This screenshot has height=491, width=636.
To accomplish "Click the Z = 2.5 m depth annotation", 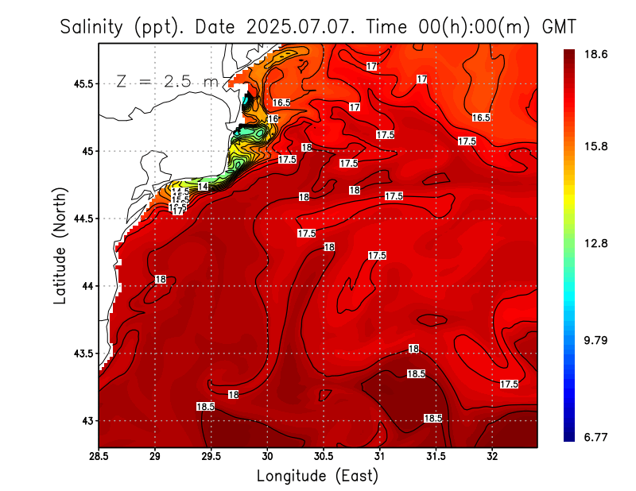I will click(167, 81).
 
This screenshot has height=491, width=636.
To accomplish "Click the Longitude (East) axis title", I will click(317, 475).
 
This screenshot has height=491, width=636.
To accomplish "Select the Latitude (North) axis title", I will click(60, 244).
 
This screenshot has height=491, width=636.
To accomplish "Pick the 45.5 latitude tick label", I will click(83, 83).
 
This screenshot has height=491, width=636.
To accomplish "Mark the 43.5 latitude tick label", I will click(83, 354).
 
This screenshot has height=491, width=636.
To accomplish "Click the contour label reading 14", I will click(203, 187).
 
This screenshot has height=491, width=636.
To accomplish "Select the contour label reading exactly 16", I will click(273, 119).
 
